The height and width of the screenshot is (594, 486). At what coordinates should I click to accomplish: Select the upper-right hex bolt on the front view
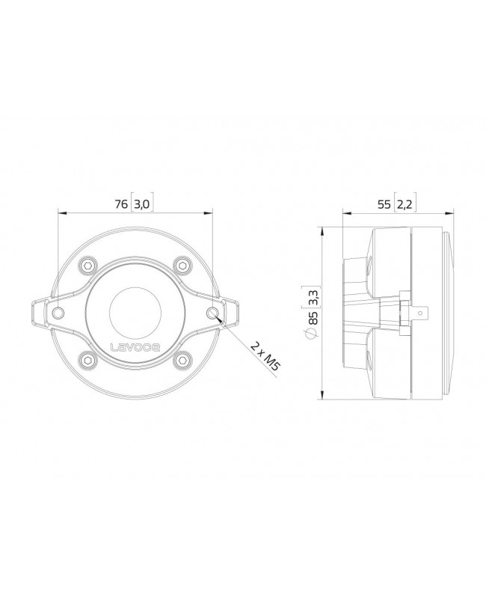pyautogui.click(x=181, y=265)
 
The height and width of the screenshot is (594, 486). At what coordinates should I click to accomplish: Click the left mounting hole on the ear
pyautogui.click(x=55, y=311)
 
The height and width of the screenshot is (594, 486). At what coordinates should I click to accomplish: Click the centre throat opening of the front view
pyautogui.click(x=135, y=311)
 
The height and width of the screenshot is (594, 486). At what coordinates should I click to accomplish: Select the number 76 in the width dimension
pyautogui.click(x=119, y=203)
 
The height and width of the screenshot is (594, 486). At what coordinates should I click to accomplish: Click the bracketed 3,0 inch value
pyautogui.click(x=143, y=203)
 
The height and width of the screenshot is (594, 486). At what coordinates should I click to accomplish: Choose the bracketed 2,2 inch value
pyautogui.click(x=404, y=203)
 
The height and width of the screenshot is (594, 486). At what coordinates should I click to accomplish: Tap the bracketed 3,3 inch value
pyautogui.click(x=313, y=297)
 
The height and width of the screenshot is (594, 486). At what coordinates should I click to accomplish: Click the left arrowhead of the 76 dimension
pyautogui.click(x=60, y=212)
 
